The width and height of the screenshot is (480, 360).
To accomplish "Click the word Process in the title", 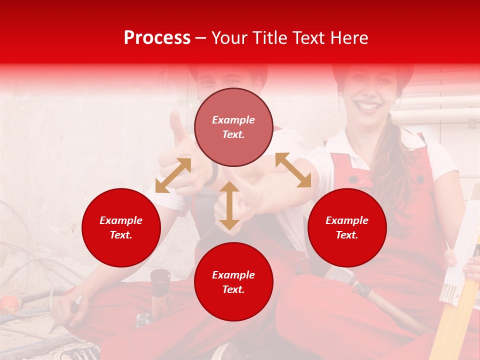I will (x=157, y=38).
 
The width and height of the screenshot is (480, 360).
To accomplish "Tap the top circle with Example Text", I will (x=233, y=127).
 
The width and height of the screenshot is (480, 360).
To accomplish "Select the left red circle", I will (x=121, y=227).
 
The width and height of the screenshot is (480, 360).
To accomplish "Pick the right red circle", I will (x=347, y=227).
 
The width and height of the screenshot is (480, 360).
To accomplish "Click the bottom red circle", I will (x=233, y=281).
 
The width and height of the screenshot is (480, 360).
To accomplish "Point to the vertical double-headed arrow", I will (x=229, y=206).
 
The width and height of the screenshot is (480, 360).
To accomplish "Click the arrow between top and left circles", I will (x=173, y=175).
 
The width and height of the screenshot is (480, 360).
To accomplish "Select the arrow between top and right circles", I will (x=293, y=170).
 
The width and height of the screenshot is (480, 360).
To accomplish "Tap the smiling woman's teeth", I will (x=368, y=106).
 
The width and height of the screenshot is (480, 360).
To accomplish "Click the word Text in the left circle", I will (x=121, y=235).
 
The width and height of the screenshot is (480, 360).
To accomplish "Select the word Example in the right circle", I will (x=347, y=220).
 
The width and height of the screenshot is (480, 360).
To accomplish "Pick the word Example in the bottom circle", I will (x=233, y=274).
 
